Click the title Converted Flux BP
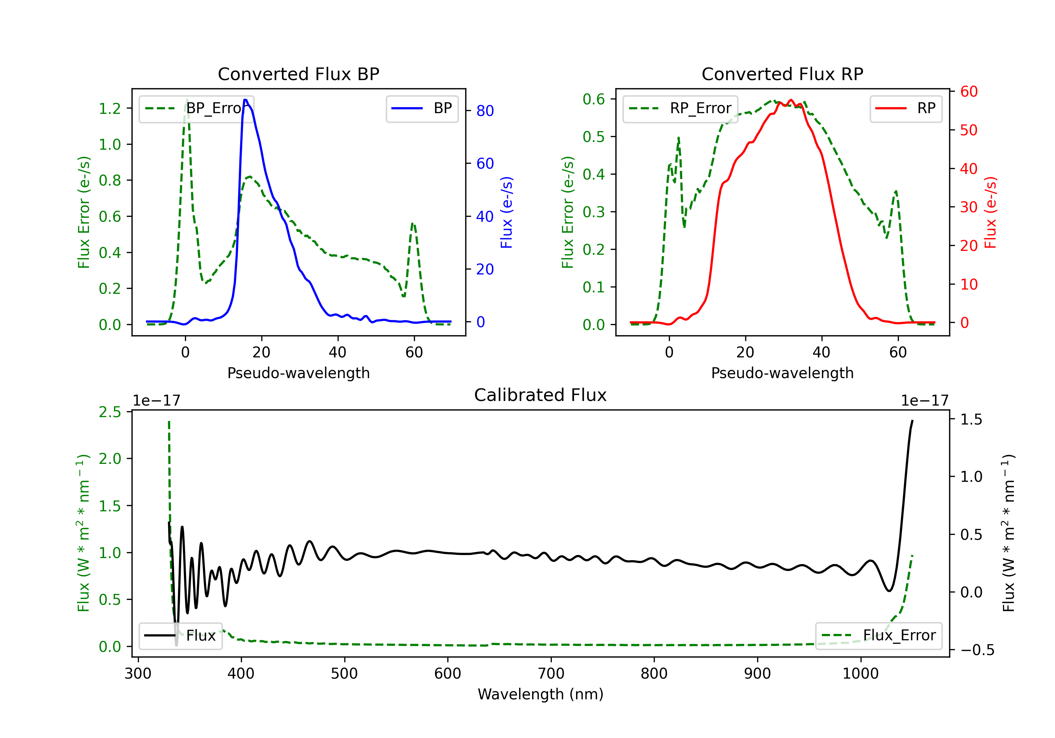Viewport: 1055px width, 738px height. point(298,74)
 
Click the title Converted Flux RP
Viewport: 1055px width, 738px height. point(782,74)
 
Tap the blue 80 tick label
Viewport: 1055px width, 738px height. point(485,111)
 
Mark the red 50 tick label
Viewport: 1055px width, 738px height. point(968,130)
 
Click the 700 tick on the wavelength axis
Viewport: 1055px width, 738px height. point(551,674)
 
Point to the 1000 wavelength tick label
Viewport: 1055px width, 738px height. point(860,674)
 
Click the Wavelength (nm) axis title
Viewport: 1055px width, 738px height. point(541,694)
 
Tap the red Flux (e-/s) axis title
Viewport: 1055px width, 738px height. point(990,212)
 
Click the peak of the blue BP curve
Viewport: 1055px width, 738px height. point(245,100)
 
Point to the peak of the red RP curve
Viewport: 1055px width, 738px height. point(790,100)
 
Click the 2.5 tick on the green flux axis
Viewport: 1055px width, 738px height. point(110,412)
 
